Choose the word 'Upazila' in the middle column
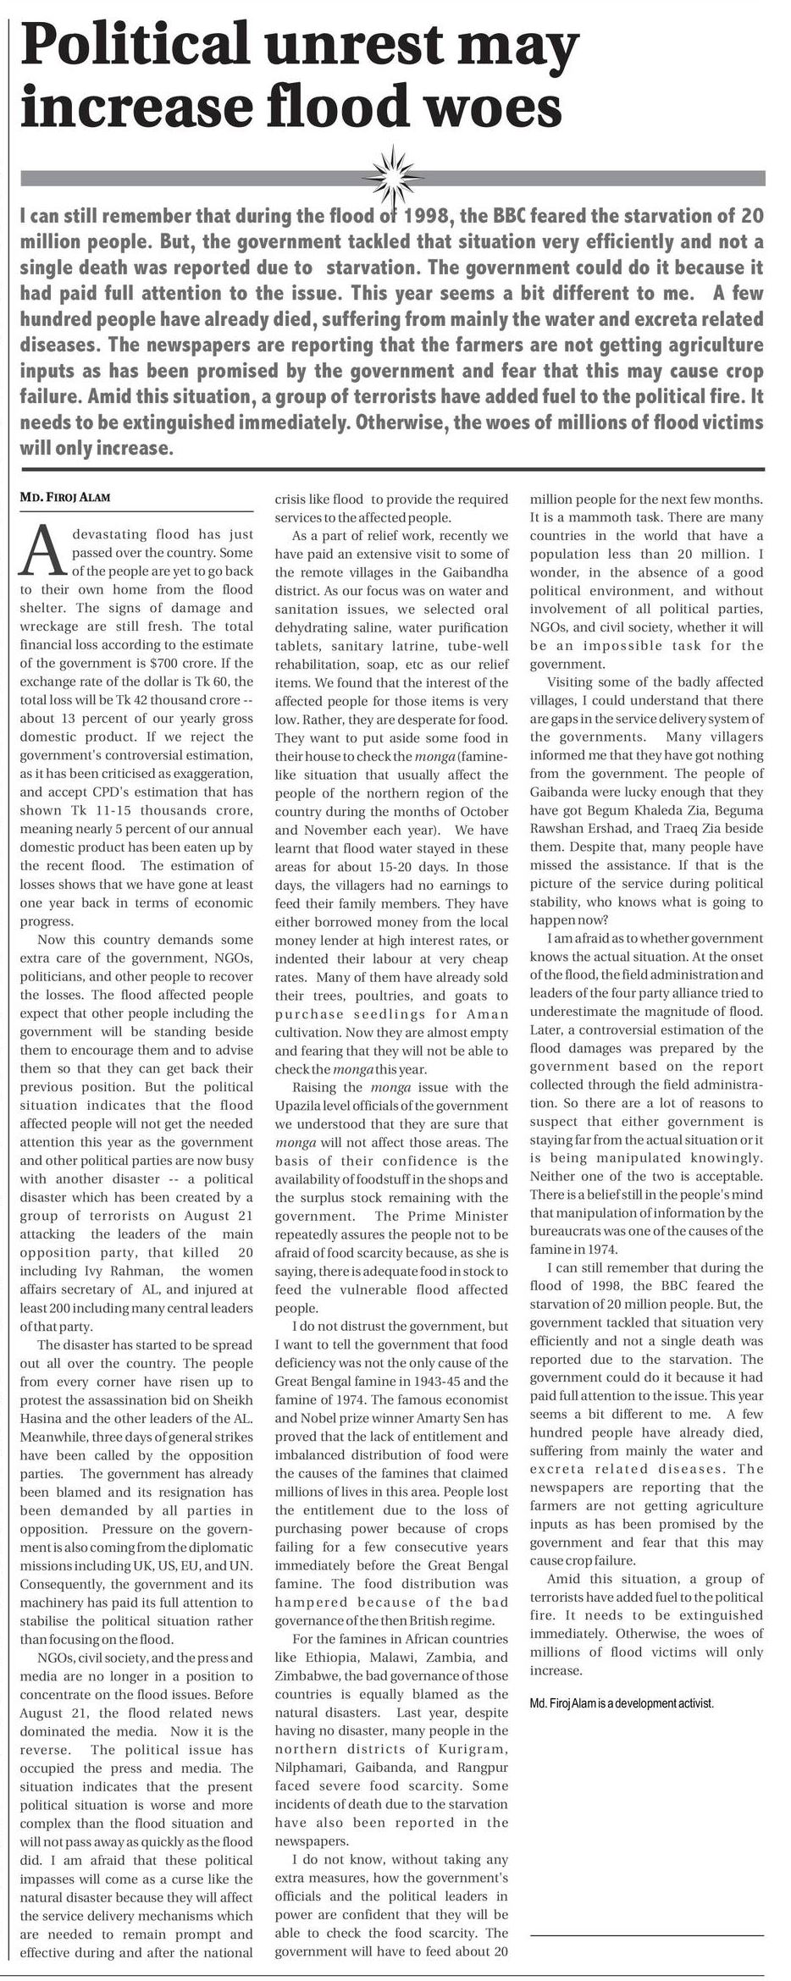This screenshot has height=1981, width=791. coord(297,1106)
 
